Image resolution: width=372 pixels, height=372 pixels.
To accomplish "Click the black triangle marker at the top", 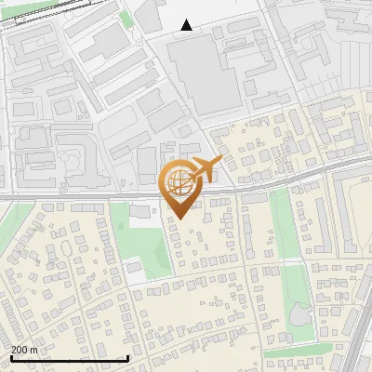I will tap(187, 25).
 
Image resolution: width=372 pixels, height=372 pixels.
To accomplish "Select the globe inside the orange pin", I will tap(179, 184).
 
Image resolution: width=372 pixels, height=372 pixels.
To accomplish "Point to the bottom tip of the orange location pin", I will tap(179, 220).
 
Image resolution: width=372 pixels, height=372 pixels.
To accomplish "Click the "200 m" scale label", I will tap(25, 349).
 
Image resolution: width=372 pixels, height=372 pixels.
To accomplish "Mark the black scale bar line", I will tap(69, 358).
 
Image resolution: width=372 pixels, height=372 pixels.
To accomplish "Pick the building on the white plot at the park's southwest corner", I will tap(136, 271).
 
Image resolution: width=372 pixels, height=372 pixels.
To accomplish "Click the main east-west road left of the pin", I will tap(74, 198).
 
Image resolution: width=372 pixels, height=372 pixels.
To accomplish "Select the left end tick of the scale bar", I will tap(10, 358).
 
